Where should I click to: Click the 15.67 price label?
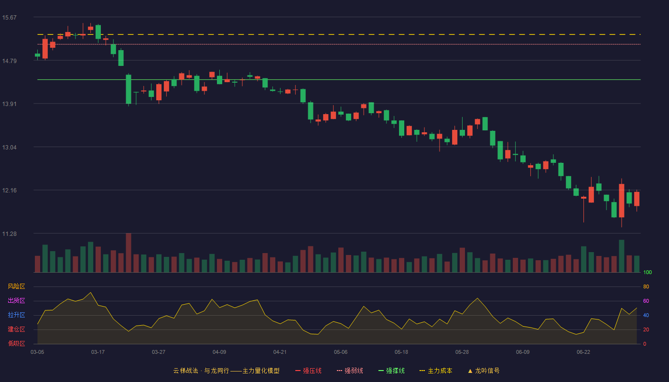pos(9,18)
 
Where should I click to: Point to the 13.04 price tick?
pos(9,148)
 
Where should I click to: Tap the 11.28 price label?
pos(9,233)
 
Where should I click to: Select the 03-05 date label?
pos(37,352)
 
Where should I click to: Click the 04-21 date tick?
pos(280,352)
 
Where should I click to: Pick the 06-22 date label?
pos(583,352)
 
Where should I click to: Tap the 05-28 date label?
pos(462,352)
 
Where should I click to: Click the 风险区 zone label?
pos(16,286)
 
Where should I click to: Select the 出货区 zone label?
pos(16,300)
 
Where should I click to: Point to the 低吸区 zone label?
pos(16,343)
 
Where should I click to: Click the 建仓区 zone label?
pos(16,329)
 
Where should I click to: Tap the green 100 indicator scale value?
pos(647,272)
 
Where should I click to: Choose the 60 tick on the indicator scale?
pos(646,301)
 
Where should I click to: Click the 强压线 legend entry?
pos(308,371)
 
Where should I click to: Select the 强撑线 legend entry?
pos(391,371)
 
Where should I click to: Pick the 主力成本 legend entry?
pos(436,371)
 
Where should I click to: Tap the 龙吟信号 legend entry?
pos(484,371)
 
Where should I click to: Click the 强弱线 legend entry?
pos(350,371)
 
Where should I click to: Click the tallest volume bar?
pos(129,253)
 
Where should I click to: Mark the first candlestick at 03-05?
pos(37,55)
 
